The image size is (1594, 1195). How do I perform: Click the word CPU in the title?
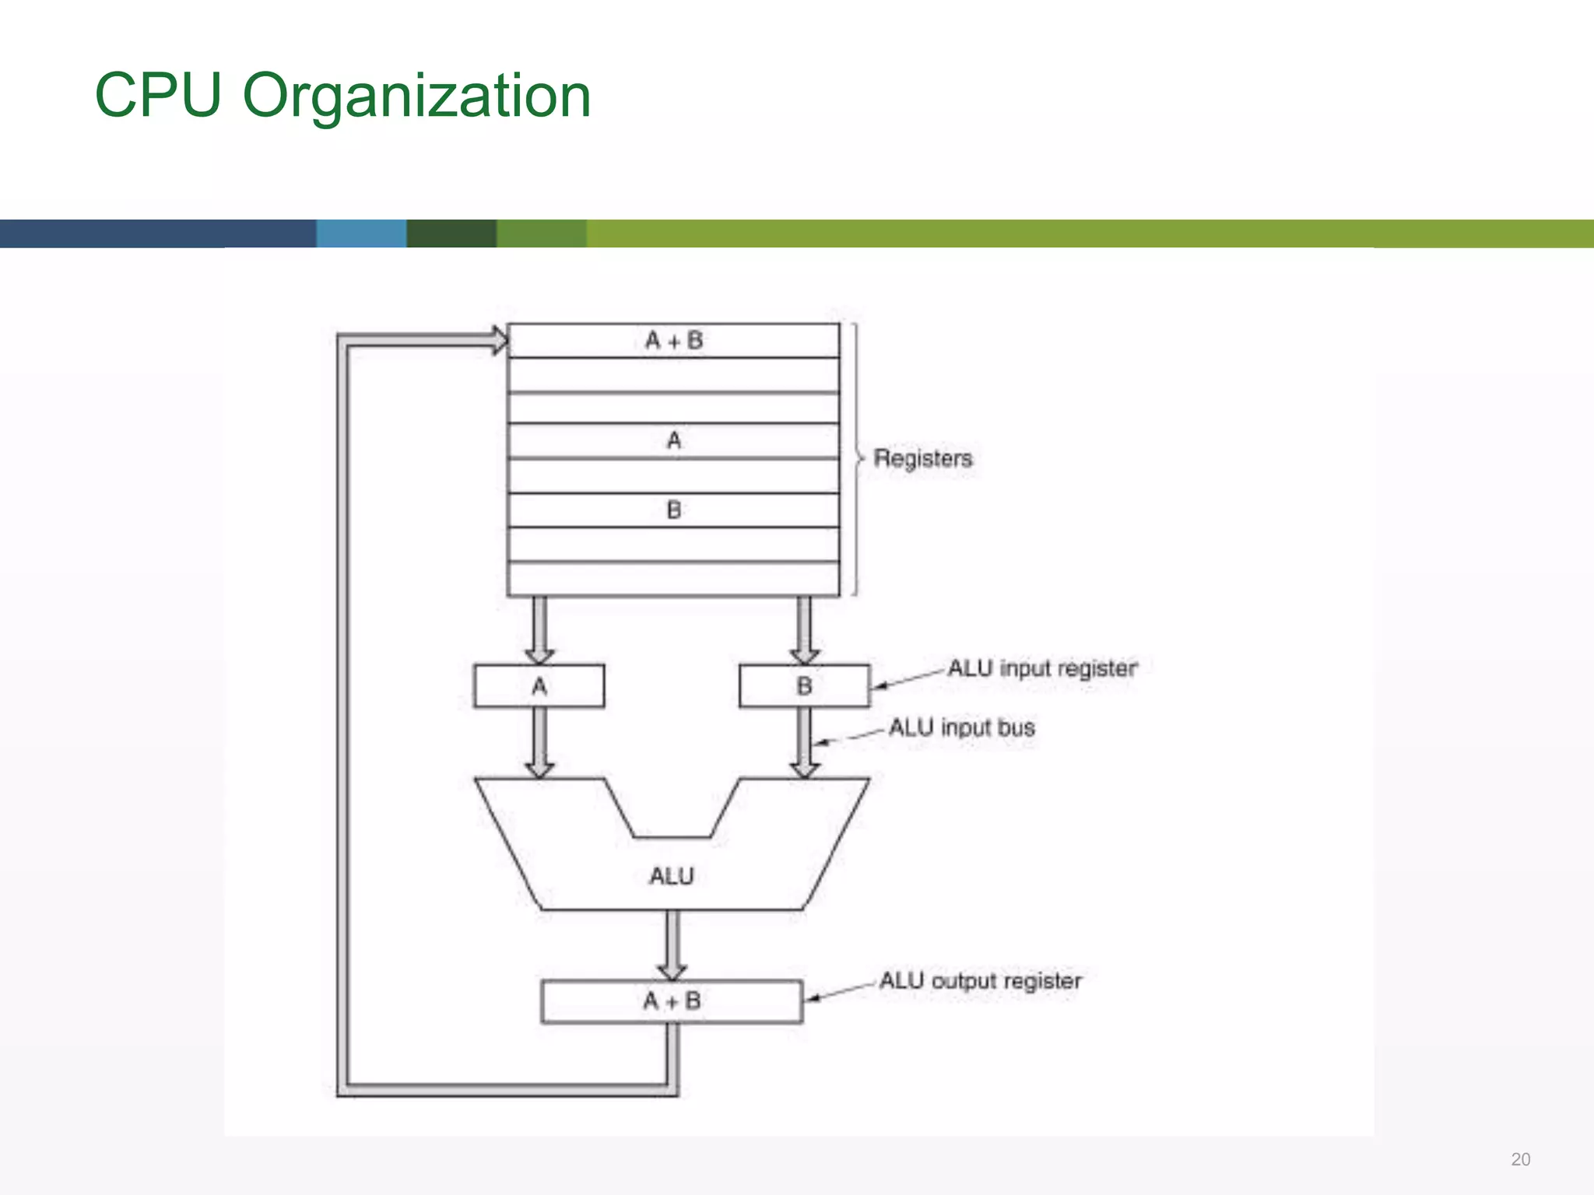(x=158, y=96)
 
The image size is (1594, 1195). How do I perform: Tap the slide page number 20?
(x=1520, y=1159)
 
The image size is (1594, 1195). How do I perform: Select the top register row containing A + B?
(x=673, y=341)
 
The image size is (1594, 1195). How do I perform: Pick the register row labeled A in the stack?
(x=673, y=441)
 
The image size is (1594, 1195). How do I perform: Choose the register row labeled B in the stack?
(x=673, y=510)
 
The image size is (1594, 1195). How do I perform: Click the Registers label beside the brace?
(x=923, y=458)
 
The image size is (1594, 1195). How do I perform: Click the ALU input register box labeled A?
(x=539, y=686)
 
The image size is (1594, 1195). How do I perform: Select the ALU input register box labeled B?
(x=804, y=686)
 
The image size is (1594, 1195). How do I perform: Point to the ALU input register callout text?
(x=1042, y=668)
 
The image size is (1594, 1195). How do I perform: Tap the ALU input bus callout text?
(x=962, y=727)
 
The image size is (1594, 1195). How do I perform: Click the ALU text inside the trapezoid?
(x=671, y=877)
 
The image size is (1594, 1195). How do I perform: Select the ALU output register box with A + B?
(x=672, y=1001)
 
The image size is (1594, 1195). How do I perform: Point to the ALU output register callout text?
(x=981, y=981)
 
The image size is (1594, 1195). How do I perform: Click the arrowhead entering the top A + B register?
(x=498, y=341)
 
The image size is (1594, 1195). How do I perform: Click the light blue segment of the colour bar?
(x=361, y=233)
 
